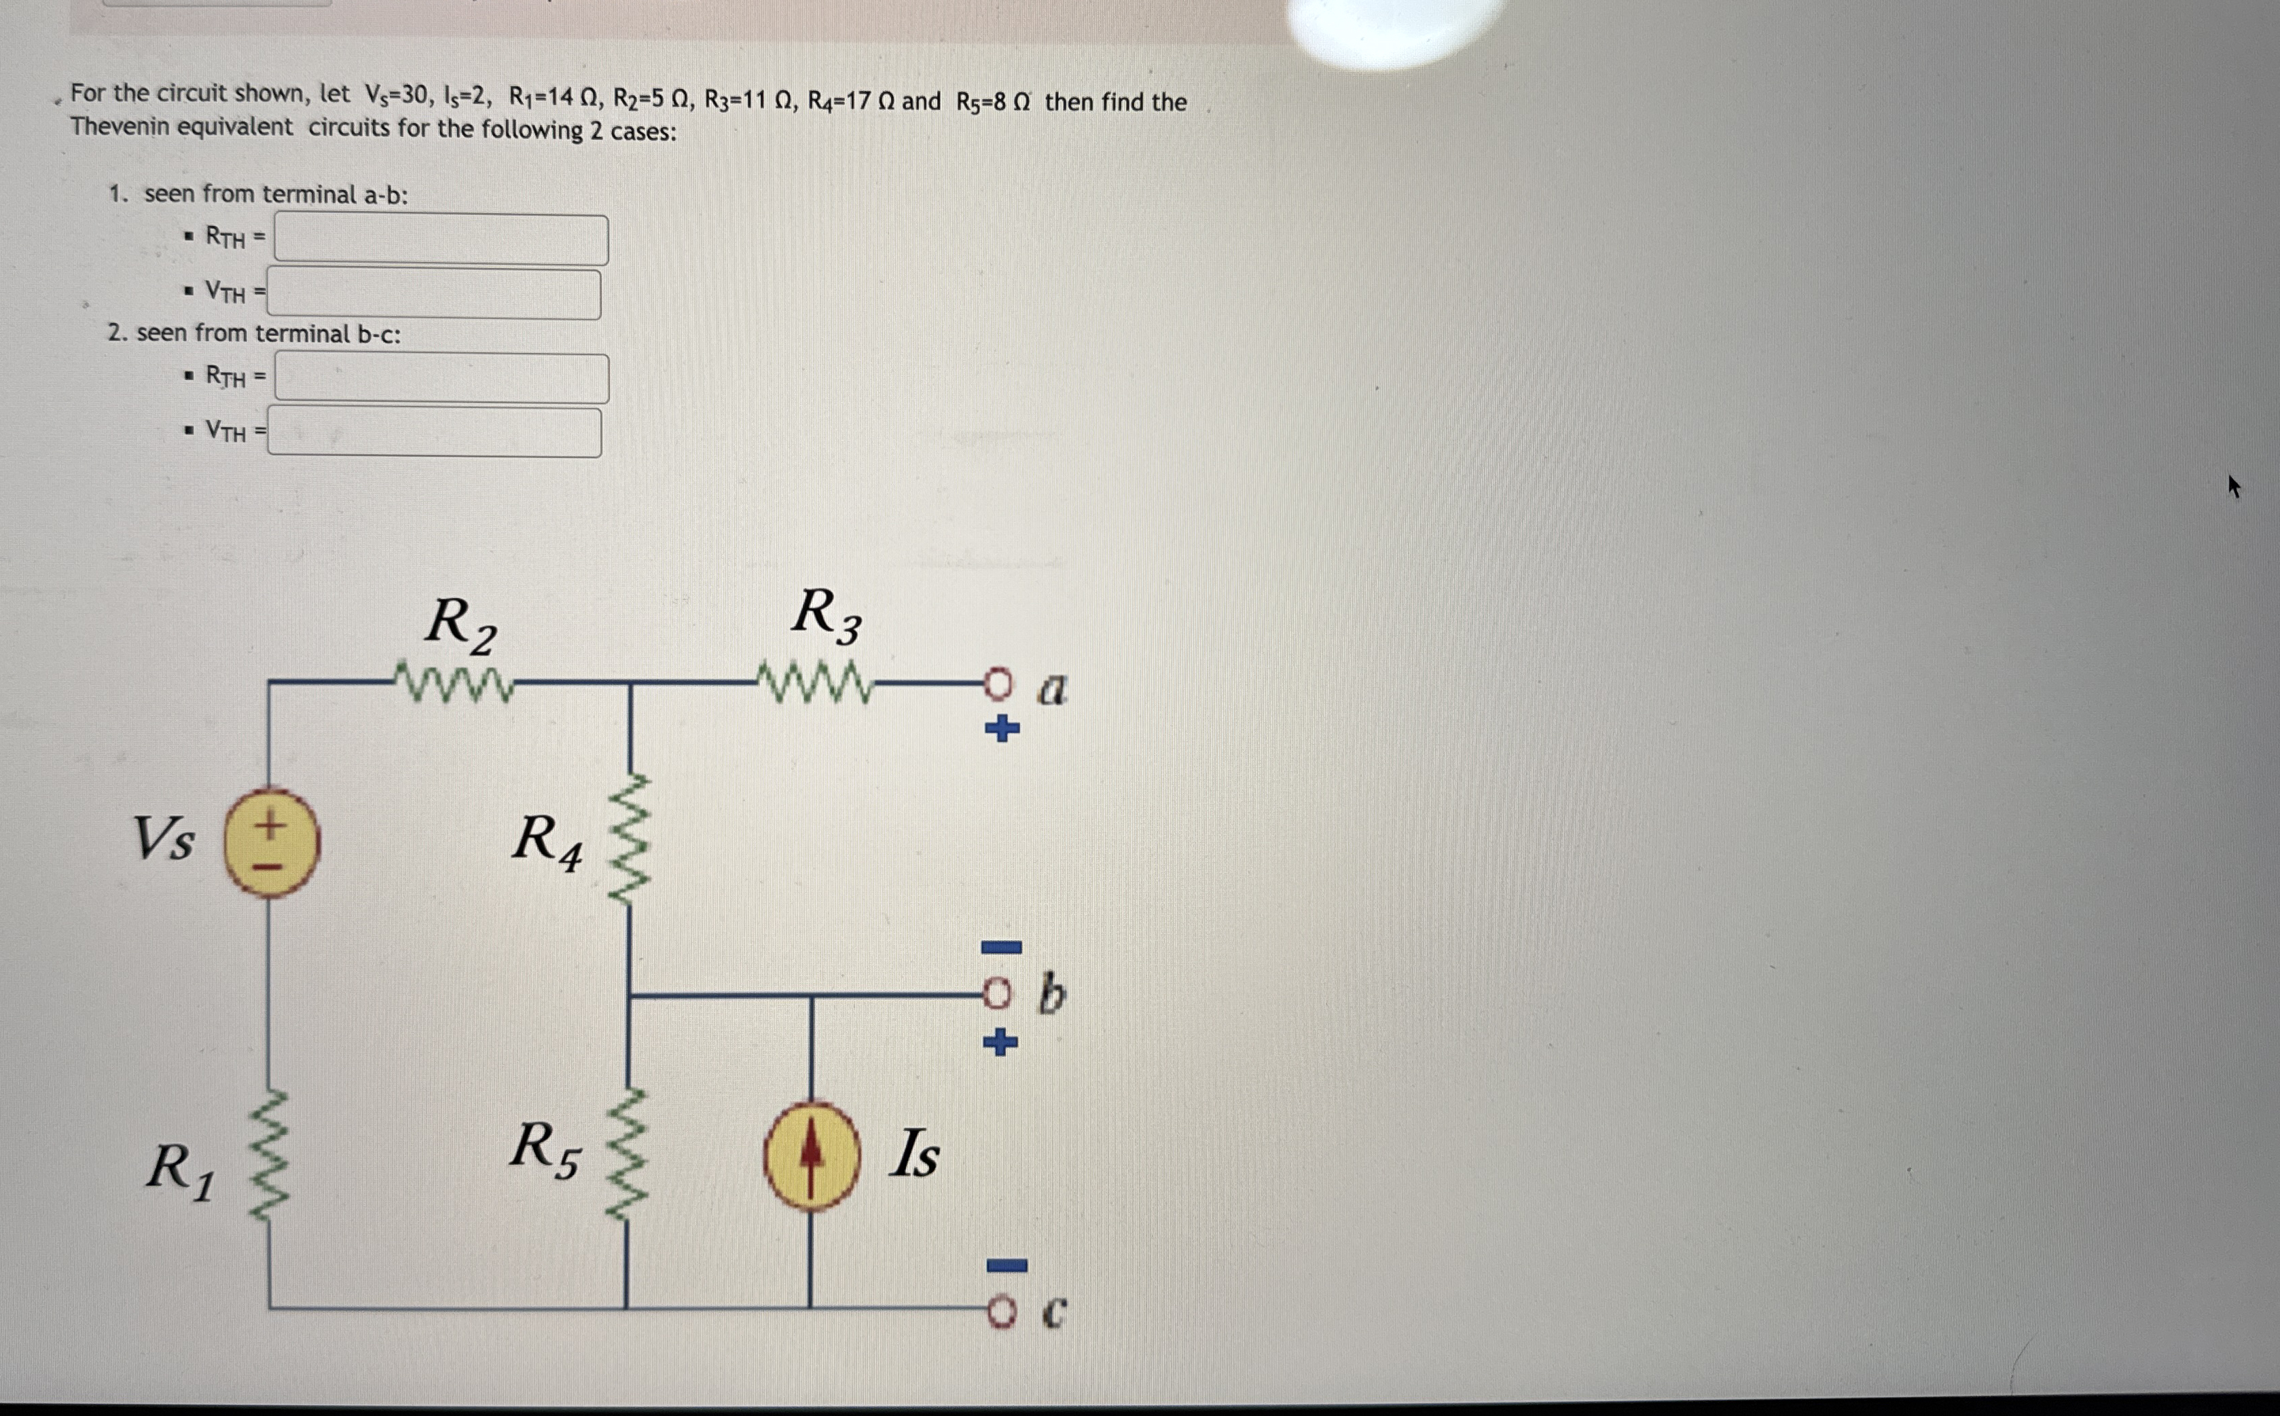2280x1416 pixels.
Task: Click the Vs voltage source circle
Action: point(271,843)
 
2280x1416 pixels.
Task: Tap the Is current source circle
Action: point(811,1157)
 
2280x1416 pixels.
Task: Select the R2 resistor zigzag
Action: point(454,683)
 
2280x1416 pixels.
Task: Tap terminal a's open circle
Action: point(998,686)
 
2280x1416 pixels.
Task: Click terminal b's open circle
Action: point(998,994)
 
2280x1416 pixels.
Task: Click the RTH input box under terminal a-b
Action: point(440,240)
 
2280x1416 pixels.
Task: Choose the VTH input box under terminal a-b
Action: point(434,294)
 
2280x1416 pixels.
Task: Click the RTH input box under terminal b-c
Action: point(441,378)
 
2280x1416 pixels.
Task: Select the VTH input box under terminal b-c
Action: point(434,432)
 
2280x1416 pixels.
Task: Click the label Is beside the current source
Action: point(913,1154)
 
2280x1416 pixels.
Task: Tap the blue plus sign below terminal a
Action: point(1001,728)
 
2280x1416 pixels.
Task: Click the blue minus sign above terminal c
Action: point(1006,1266)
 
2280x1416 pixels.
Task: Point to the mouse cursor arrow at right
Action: point(2234,487)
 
